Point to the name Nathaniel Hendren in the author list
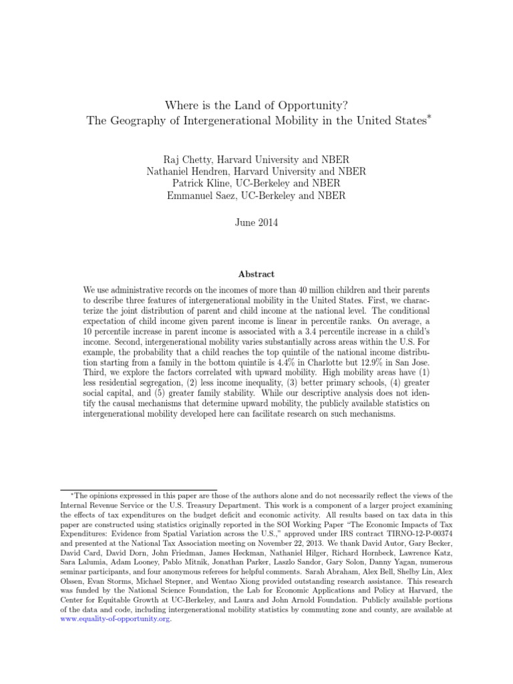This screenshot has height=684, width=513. [x=192, y=172]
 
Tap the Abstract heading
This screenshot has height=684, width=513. [x=256, y=274]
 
